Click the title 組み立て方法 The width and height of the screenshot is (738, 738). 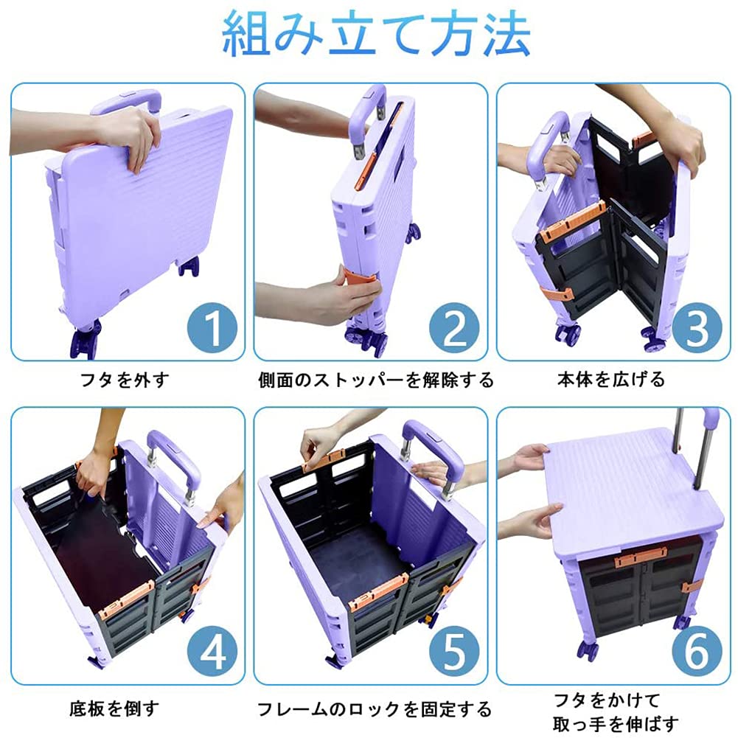tap(376, 34)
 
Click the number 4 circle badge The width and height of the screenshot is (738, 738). tap(212, 652)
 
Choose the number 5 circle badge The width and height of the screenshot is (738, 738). tap(454, 652)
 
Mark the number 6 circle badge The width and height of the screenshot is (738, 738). tap(697, 652)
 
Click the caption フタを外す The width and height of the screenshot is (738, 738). tap(125, 380)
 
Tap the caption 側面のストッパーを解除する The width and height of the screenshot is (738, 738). tap(375, 380)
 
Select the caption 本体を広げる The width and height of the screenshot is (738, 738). tap(611, 380)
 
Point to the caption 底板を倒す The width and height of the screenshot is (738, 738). tap(115, 708)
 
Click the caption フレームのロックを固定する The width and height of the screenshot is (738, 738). tap(375, 709)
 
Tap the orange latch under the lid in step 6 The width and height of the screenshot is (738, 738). tap(641, 557)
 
